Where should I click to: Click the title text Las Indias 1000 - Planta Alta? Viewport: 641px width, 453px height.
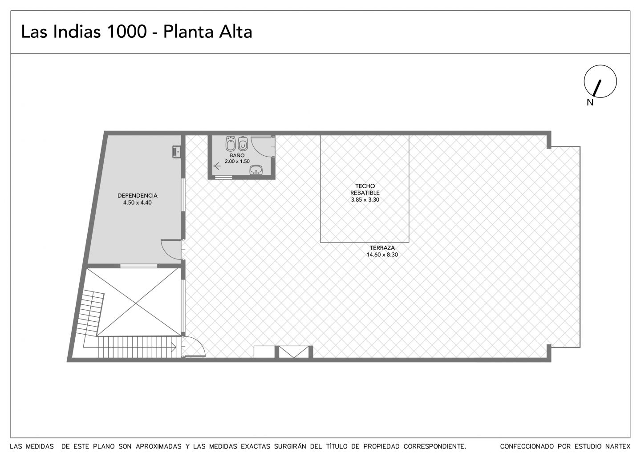click(137, 32)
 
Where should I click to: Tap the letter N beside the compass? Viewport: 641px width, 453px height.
click(590, 102)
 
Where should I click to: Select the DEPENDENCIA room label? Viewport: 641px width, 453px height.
click(138, 196)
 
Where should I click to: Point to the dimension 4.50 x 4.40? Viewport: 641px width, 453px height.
click(138, 203)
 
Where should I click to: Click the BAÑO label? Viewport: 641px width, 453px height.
click(237, 155)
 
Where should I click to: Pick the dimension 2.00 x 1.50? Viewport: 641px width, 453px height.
click(237, 161)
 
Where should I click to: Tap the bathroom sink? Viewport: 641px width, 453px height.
click(256, 170)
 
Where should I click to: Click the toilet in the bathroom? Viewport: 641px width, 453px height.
click(243, 144)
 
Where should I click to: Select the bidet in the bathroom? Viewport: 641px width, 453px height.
click(231, 144)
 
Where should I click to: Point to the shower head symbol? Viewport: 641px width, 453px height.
click(217, 166)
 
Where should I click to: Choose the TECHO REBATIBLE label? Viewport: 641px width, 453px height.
click(365, 189)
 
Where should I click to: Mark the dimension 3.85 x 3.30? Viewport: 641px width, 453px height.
click(365, 200)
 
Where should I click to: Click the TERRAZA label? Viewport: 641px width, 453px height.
click(382, 248)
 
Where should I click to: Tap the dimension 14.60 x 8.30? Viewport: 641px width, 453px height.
click(382, 255)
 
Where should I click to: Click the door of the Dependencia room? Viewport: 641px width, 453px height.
click(171, 249)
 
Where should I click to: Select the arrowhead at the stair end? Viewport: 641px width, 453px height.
click(174, 348)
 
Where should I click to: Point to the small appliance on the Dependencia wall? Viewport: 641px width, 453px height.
click(176, 152)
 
